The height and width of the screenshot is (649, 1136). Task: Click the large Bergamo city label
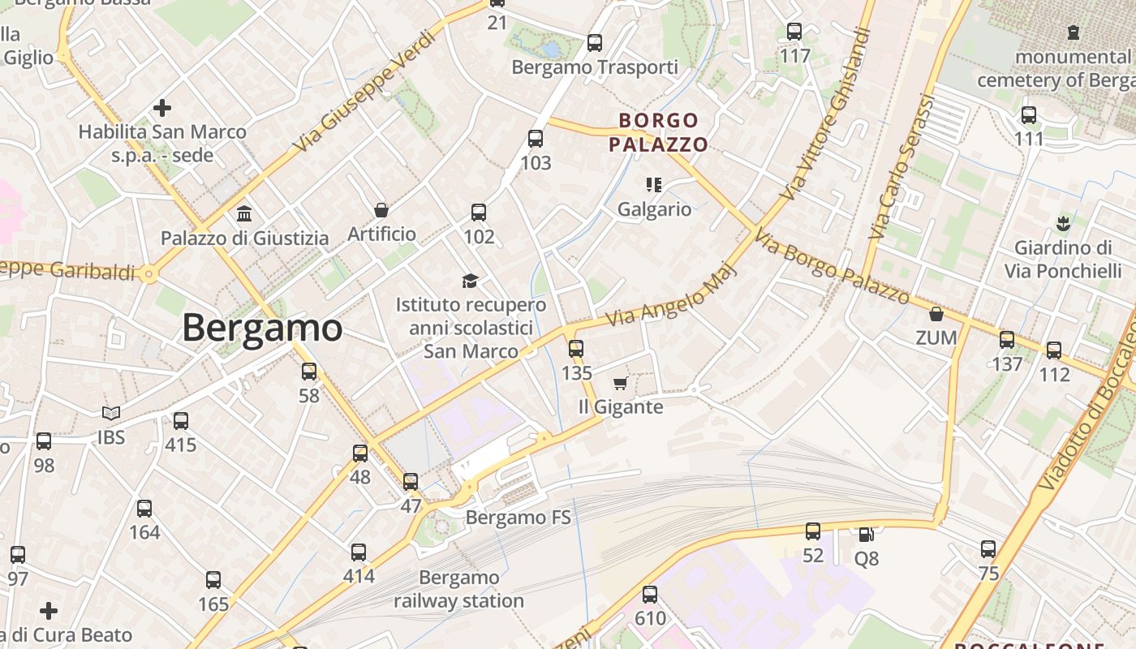(261, 328)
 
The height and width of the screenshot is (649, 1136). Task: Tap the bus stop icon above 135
(576, 349)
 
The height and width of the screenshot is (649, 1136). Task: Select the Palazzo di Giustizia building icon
(244, 214)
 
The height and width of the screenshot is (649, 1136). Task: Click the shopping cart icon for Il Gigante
(621, 383)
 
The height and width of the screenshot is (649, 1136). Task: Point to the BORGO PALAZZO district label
(658, 133)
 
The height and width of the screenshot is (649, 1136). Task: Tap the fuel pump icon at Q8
(867, 535)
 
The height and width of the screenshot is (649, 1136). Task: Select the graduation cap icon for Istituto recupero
(471, 281)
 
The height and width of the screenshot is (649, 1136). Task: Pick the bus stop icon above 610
(650, 594)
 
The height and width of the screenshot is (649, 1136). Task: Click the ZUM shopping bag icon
(936, 314)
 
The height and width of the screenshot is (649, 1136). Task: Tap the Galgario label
(655, 209)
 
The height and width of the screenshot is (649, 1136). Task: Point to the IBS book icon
(111, 413)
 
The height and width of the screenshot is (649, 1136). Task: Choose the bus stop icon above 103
(536, 139)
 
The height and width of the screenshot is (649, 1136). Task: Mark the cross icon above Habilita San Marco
(162, 107)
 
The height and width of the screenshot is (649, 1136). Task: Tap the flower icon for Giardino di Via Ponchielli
(1063, 222)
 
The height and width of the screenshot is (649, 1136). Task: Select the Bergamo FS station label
(519, 518)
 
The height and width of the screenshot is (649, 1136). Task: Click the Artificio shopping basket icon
(381, 210)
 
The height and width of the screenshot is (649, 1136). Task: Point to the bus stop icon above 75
(988, 549)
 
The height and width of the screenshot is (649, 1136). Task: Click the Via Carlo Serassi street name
(902, 166)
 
